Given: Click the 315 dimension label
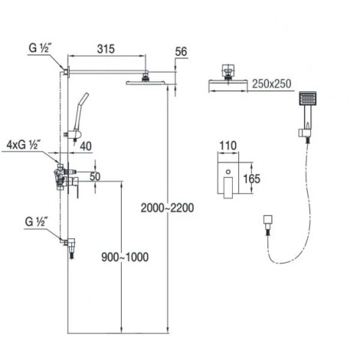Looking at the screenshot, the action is [x=106, y=49].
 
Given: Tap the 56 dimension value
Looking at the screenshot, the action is [x=181, y=51].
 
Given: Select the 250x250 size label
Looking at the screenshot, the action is [x=272, y=83].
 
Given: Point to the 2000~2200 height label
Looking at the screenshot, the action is [x=168, y=208].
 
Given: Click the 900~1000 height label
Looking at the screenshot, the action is [x=125, y=257].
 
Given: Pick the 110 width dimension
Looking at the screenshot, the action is [x=228, y=146].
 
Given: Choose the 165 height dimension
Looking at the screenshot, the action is [x=251, y=178].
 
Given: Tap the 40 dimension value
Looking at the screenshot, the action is [x=86, y=146].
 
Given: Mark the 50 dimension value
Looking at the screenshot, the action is [x=95, y=176].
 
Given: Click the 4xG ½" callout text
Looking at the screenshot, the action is [x=22, y=145].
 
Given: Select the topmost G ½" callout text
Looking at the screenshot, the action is [x=39, y=48].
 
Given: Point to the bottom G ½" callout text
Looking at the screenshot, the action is [x=36, y=221].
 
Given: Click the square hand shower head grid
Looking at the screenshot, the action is [x=308, y=98].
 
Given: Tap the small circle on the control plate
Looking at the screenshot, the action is [x=228, y=172].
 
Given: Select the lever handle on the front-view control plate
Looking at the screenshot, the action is [x=228, y=187].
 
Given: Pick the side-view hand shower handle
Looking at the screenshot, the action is [x=80, y=112].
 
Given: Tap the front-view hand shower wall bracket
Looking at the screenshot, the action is [x=304, y=133].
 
